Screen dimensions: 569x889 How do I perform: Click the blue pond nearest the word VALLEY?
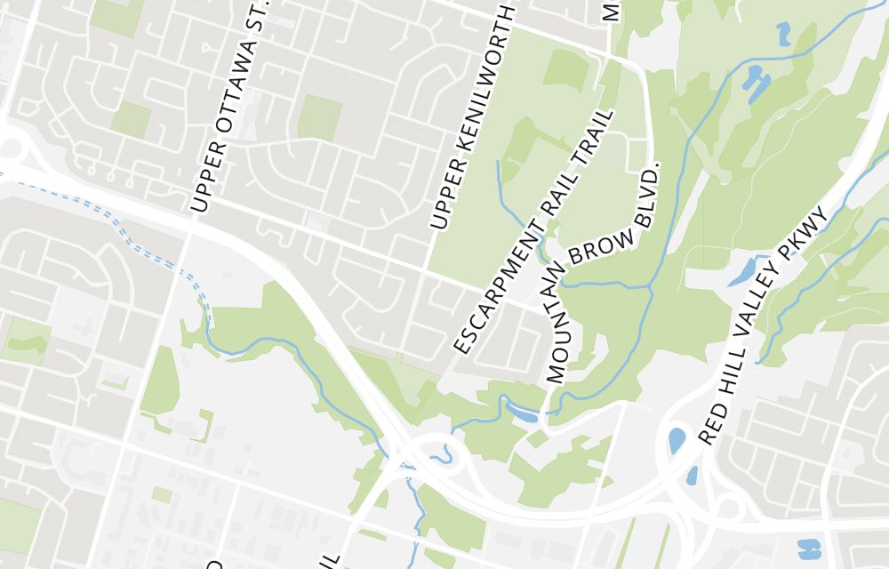(741, 272)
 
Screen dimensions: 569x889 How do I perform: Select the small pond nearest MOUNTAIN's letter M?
(523, 412)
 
